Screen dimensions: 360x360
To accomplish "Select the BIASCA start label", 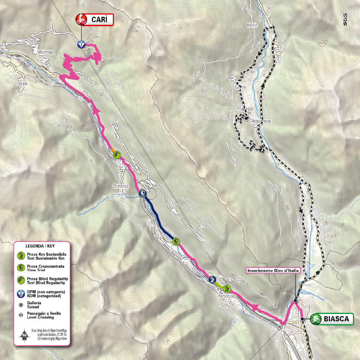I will (x=337, y=319).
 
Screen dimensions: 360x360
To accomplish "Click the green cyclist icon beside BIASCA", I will (x=316, y=319).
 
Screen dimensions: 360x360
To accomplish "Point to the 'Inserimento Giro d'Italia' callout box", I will (x=273, y=270).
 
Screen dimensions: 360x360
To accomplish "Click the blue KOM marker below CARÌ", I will (x=81, y=44).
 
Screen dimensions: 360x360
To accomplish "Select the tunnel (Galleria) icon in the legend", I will (x=20, y=305).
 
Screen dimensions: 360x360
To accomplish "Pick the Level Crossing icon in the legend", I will (x=20, y=315).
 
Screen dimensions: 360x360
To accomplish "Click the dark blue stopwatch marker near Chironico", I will (x=142, y=194).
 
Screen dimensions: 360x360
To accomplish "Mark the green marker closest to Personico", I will (x=227, y=289).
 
